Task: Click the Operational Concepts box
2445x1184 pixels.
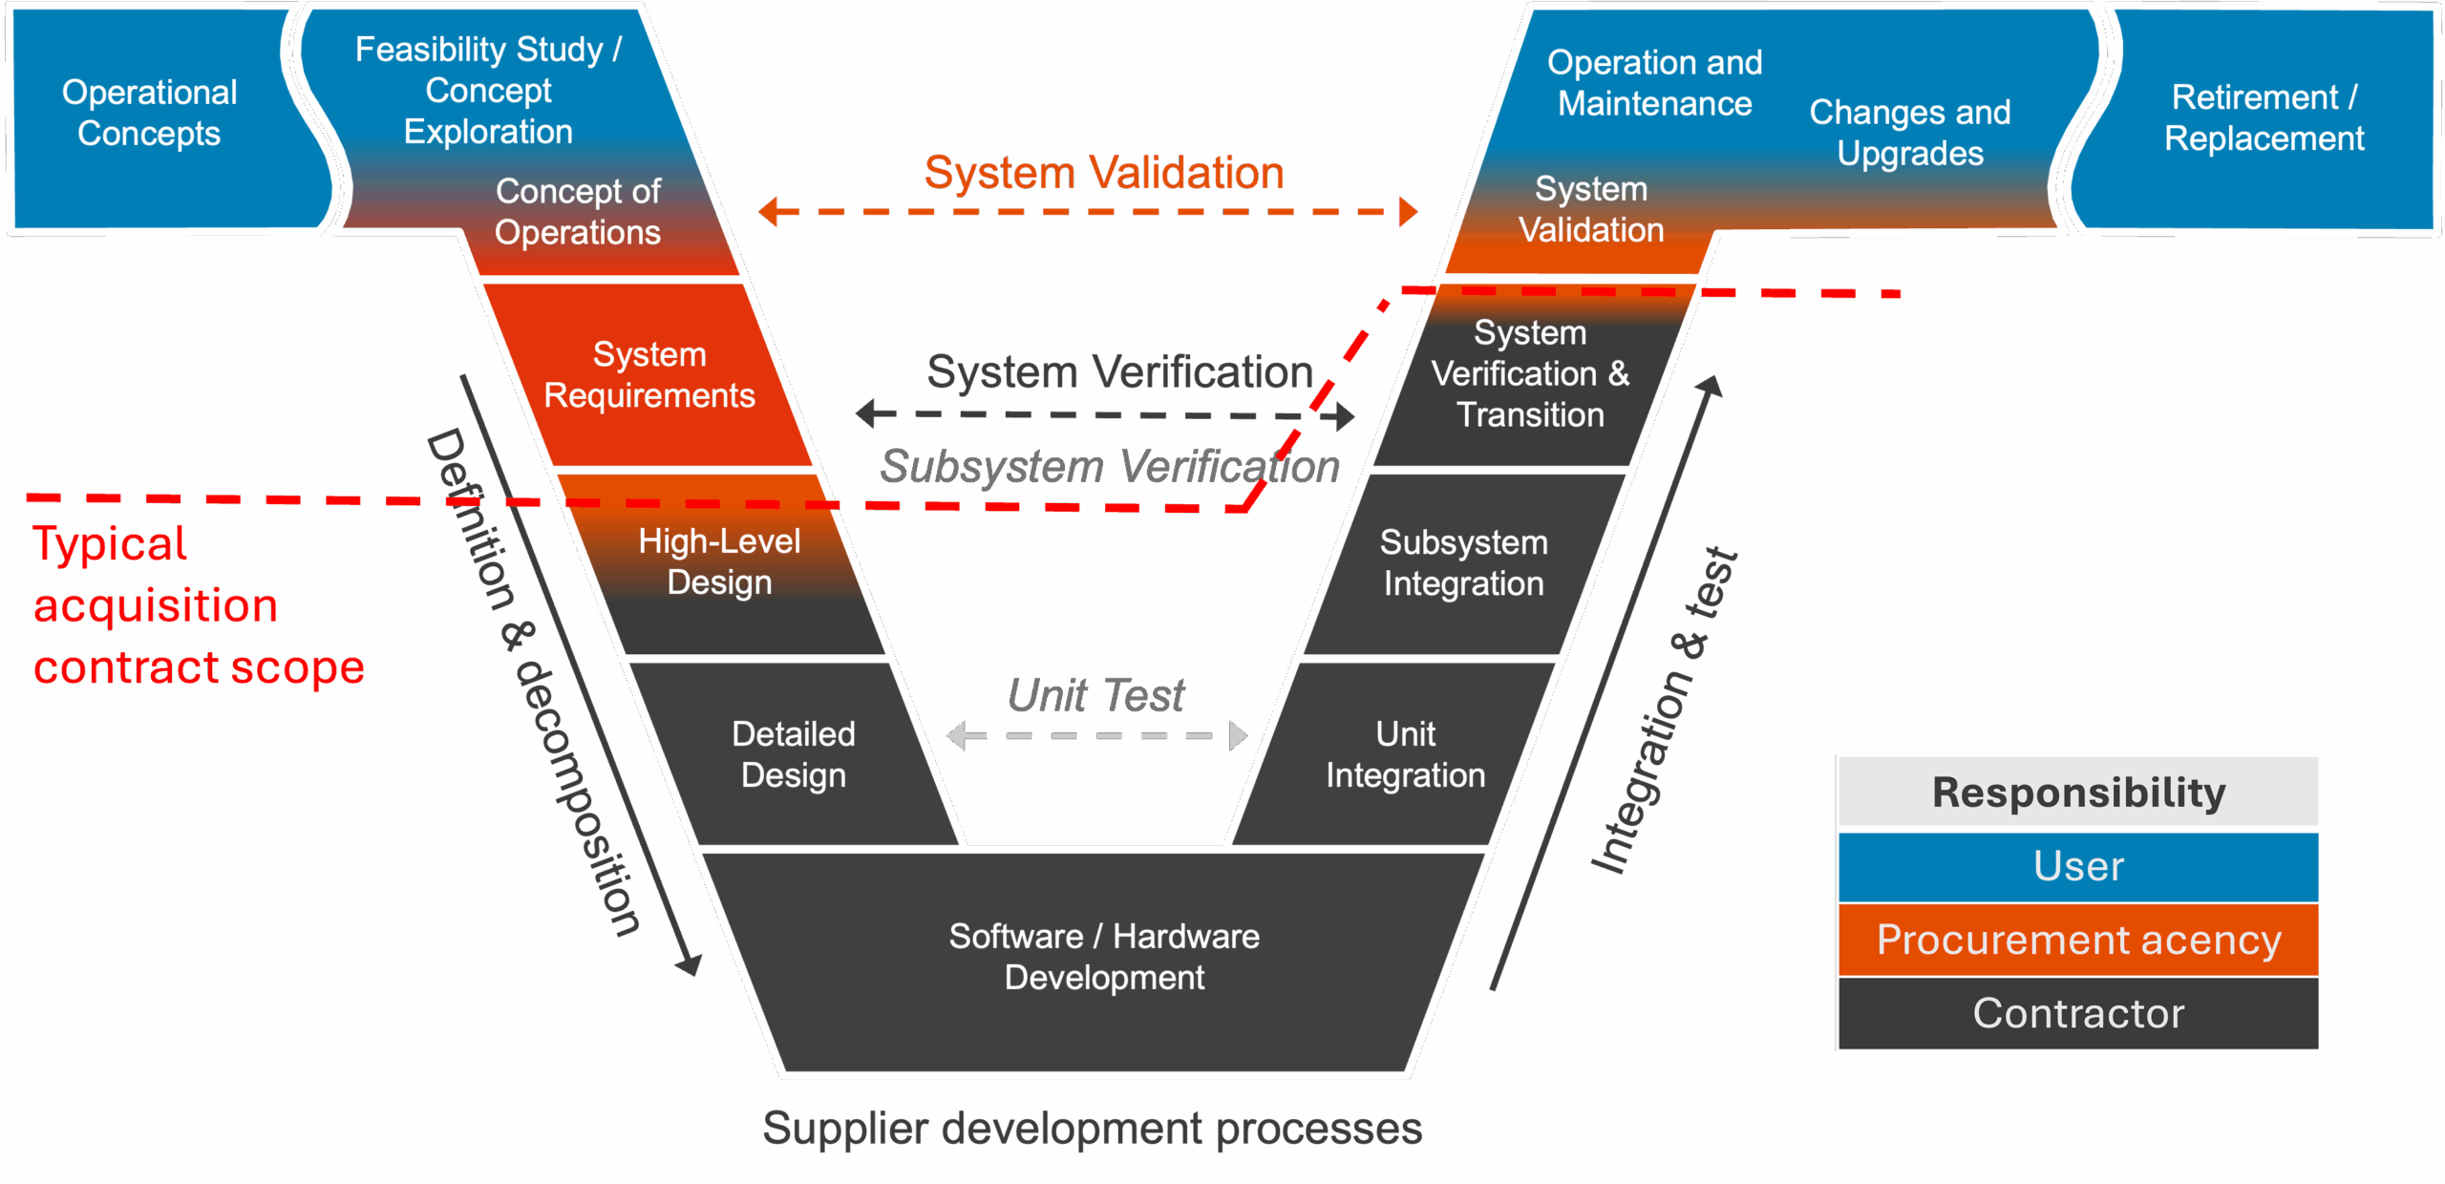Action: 149,114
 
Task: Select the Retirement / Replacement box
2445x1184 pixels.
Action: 2264,118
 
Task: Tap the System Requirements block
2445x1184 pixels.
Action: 649,375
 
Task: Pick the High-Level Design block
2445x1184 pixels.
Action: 719,562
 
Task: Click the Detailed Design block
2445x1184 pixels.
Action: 793,754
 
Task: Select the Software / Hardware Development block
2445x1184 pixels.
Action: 1104,957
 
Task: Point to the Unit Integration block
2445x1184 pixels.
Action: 1405,754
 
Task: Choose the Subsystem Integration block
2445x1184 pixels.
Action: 1463,563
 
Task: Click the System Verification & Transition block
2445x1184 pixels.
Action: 1529,374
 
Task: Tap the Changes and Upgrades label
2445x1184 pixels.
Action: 1910,133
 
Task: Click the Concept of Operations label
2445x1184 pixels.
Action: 578,212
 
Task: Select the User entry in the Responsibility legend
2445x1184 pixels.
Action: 2078,867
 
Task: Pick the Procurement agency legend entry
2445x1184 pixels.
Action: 2078,941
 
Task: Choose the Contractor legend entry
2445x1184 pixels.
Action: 2078,1013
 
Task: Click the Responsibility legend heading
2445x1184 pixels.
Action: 2078,793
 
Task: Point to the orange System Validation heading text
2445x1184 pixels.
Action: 1104,174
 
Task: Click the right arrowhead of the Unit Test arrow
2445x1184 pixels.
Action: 1238,736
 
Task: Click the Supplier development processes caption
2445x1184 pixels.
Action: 1092,1129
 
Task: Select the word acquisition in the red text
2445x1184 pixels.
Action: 156,606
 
